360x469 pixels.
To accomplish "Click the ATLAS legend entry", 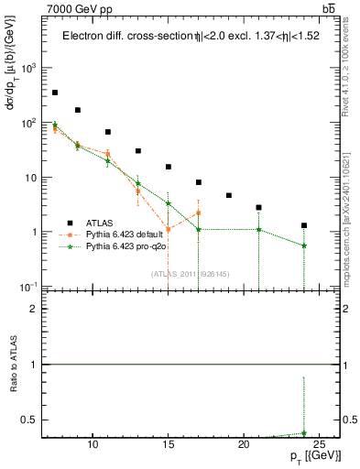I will coord(100,222).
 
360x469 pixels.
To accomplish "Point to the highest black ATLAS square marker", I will coord(55,93).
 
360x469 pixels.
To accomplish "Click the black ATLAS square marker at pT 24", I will coord(304,225).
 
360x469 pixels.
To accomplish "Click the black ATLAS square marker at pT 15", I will coord(169,167).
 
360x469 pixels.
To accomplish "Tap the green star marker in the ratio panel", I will coord(304,433).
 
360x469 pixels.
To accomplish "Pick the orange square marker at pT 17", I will coord(199,213).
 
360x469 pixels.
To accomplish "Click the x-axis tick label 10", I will coord(93,445).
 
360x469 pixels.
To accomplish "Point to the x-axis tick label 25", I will coord(319,445).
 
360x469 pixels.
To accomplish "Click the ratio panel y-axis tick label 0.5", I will coord(34,420).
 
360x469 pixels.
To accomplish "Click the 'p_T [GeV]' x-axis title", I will coord(308,459).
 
